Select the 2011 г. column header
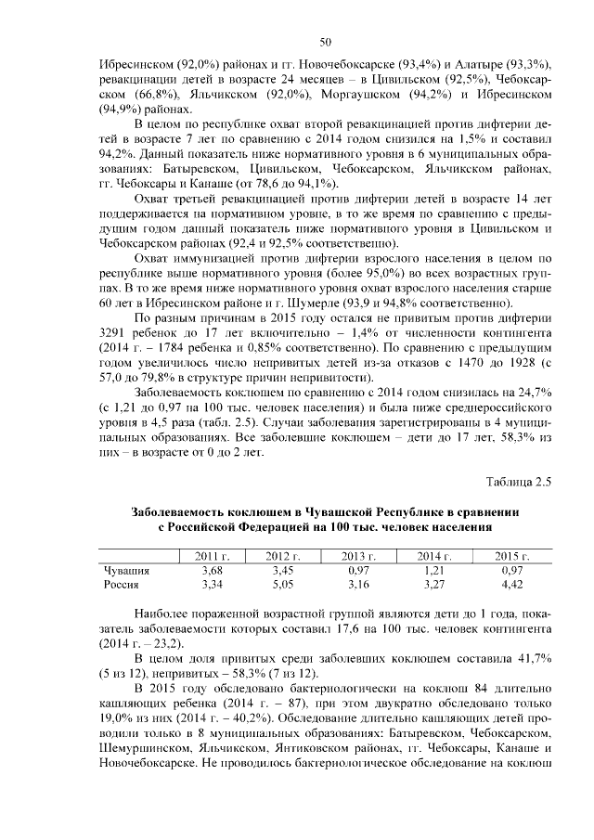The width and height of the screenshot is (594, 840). (213, 556)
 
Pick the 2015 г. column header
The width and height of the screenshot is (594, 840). (511, 556)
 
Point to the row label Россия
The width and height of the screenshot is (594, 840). (122, 585)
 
